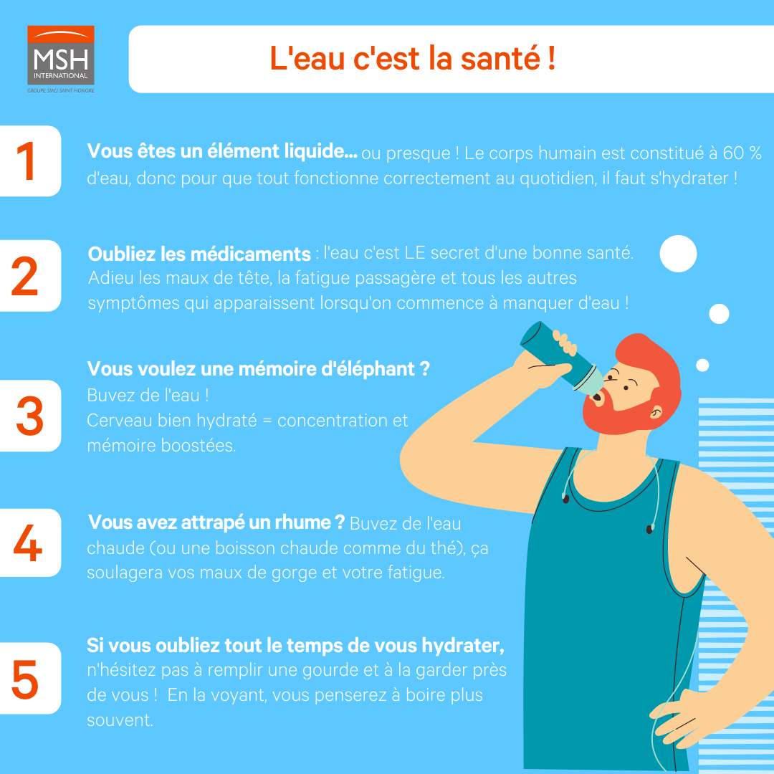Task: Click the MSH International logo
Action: tap(61, 59)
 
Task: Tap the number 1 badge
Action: tap(30, 161)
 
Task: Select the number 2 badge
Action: tap(30, 275)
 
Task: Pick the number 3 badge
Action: tap(30, 416)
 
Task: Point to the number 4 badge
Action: tap(30, 543)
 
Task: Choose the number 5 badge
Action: tap(30, 678)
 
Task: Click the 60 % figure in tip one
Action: tap(742, 153)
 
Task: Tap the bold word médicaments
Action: tap(250, 254)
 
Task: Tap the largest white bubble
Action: tap(678, 254)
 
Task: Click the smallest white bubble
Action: tap(702, 365)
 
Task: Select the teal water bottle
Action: tap(561, 358)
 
